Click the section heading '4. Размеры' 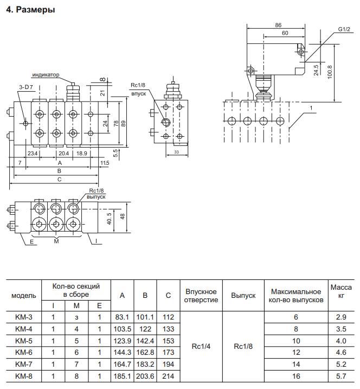[x=30, y=10]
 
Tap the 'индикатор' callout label [x=46, y=74]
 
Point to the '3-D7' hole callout [x=26, y=87]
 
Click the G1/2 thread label [x=344, y=29]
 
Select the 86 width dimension [x=279, y=25]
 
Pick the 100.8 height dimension [x=330, y=72]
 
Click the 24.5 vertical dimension [x=316, y=70]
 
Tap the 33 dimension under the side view [x=177, y=152]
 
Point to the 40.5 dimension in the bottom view [x=110, y=219]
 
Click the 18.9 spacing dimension [x=81, y=154]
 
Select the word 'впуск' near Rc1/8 [x=139, y=94]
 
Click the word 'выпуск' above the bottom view [x=96, y=197]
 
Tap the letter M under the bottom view [x=56, y=241]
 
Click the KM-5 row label [x=24, y=341]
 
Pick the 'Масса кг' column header [x=341, y=291]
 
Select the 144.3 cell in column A [x=122, y=353]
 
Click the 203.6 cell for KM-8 [x=145, y=377]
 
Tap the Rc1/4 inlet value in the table [x=201, y=346]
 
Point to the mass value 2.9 [x=341, y=317]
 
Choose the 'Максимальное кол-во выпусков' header [x=296, y=296]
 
